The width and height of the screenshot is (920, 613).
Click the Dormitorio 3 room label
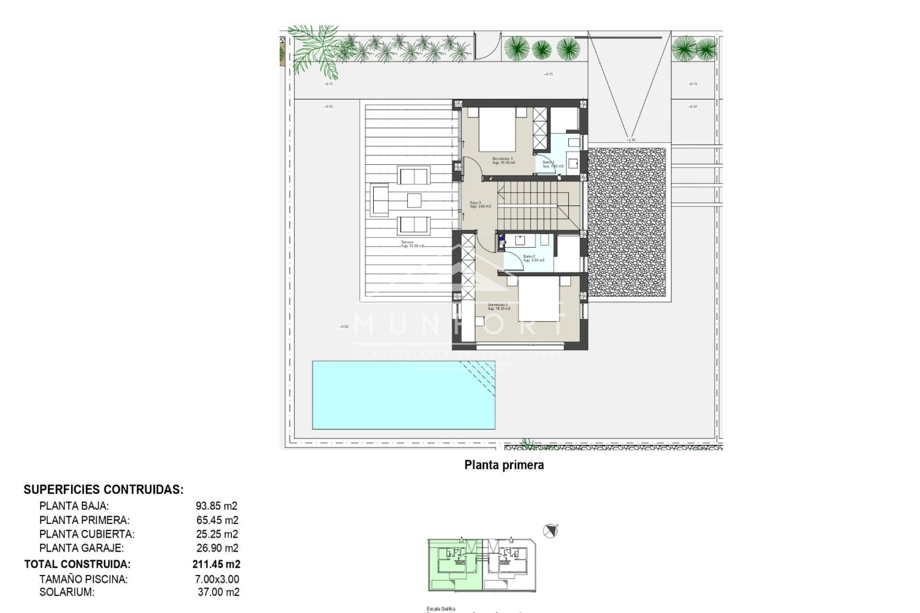click(x=503, y=160)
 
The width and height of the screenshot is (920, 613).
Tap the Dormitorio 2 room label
click(x=498, y=306)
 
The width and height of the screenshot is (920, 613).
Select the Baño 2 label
click(x=533, y=258)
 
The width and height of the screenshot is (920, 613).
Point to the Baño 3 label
click(x=552, y=164)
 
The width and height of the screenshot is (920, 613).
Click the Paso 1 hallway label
click(x=480, y=204)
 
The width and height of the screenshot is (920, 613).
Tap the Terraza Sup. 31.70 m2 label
click(x=412, y=244)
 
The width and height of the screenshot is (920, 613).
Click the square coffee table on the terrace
click(x=414, y=200)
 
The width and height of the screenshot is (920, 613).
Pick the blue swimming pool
click(x=403, y=395)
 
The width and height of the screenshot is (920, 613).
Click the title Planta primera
click(x=504, y=465)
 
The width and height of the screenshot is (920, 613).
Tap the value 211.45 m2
click(x=216, y=564)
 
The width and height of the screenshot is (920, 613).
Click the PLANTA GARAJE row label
click(x=81, y=548)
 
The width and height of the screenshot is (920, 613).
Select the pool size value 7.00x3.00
click(x=217, y=579)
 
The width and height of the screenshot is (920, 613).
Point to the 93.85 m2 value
click(x=217, y=506)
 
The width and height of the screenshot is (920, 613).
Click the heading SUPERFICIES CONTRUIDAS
click(x=103, y=489)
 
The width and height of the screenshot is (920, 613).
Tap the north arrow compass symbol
click(x=550, y=531)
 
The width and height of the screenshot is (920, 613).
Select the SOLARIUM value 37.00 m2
click(x=218, y=592)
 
